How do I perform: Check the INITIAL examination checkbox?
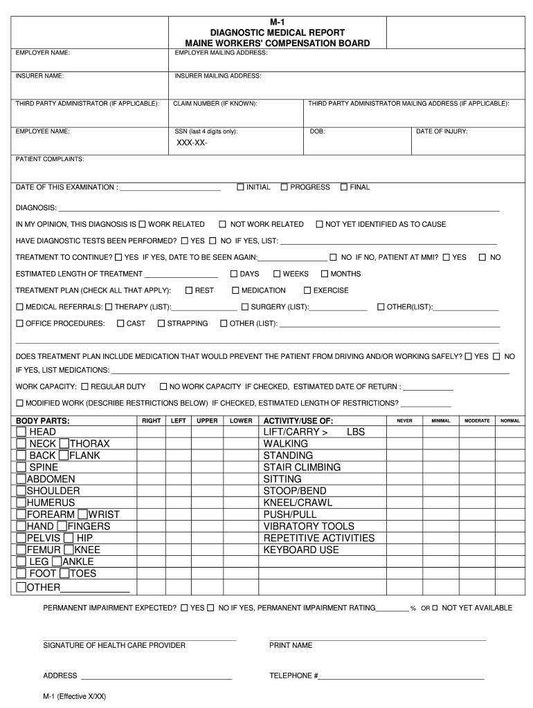click(240, 187)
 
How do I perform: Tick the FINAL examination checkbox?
click(343, 187)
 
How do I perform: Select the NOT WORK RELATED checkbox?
click(223, 224)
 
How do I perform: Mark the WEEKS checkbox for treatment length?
click(277, 274)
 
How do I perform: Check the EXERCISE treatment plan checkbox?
click(307, 290)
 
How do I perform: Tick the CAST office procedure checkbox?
click(121, 323)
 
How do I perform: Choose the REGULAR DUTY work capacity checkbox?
click(84, 386)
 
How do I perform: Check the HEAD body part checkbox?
click(21, 432)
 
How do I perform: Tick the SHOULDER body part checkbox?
click(21, 491)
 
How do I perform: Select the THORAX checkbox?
click(64, 444)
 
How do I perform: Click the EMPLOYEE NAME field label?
click(43, 131)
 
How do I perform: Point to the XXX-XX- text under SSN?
click(191, 143)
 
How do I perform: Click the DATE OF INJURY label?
click(442, 131)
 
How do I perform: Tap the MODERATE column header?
click(477, 420)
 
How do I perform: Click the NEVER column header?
click(404, 420)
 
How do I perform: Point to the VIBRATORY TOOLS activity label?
click(309, 526)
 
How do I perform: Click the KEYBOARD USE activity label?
click(301, 550)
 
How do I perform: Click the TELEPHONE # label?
click(293, 676)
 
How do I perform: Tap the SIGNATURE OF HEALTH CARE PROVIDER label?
click(114, 645)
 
